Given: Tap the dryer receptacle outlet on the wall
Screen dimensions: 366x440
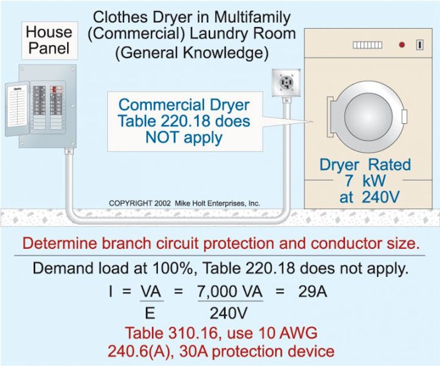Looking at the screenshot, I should pyautogui.click(x=286, y=83).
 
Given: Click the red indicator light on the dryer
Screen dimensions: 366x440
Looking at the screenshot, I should pyautogui.click(x=401, y=45).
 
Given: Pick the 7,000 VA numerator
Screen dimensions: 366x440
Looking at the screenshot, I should pyautogui.click(x=230, y=292).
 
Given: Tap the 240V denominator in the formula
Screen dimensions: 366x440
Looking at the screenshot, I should pyautogui.click(x=226, y=313).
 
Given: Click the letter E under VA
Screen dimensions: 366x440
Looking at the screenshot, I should pyautogui.click(x=150, y=313).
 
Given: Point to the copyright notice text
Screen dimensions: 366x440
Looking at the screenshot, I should pyautogui.click(x=184, y=204).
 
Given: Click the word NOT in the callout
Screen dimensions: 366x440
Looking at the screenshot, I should pyautogui.click(x=160, y=137).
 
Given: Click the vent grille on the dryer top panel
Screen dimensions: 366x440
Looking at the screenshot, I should pyautogui.click(x=367, y=45).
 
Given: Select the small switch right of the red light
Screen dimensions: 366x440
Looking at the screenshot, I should pyautogui.click(x=419, y=45).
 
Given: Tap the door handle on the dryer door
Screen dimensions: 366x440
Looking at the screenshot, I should pyautogui.click(x=404, y=116).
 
